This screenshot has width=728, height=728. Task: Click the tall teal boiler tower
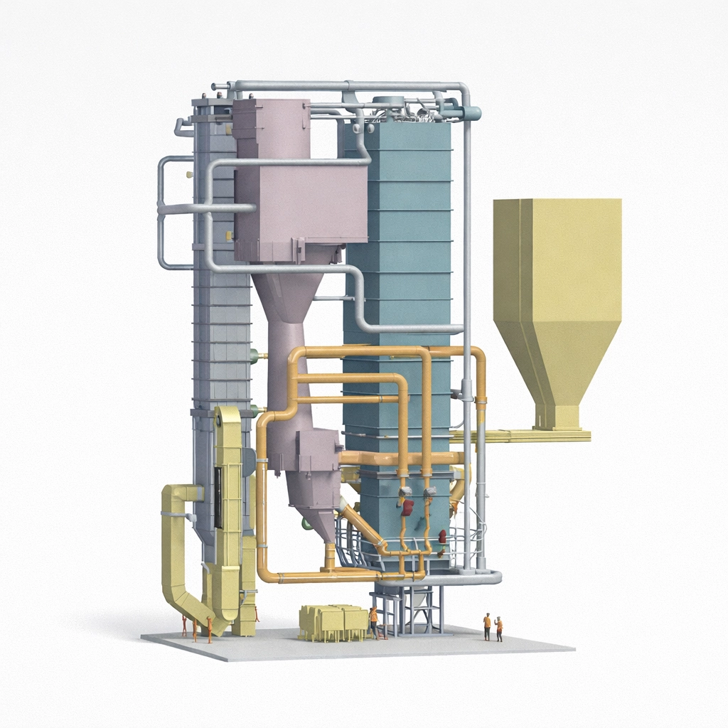(398, 249)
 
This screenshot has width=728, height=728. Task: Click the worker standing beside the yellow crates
(373, 622)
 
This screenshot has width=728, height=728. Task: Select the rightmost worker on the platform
(498, 628)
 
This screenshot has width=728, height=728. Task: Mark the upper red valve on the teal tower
(407, 507)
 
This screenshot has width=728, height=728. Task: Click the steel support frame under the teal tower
(409, 611)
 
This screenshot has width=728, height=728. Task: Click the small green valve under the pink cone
(306, 525)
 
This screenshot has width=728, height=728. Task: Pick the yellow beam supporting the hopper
(523, 435)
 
